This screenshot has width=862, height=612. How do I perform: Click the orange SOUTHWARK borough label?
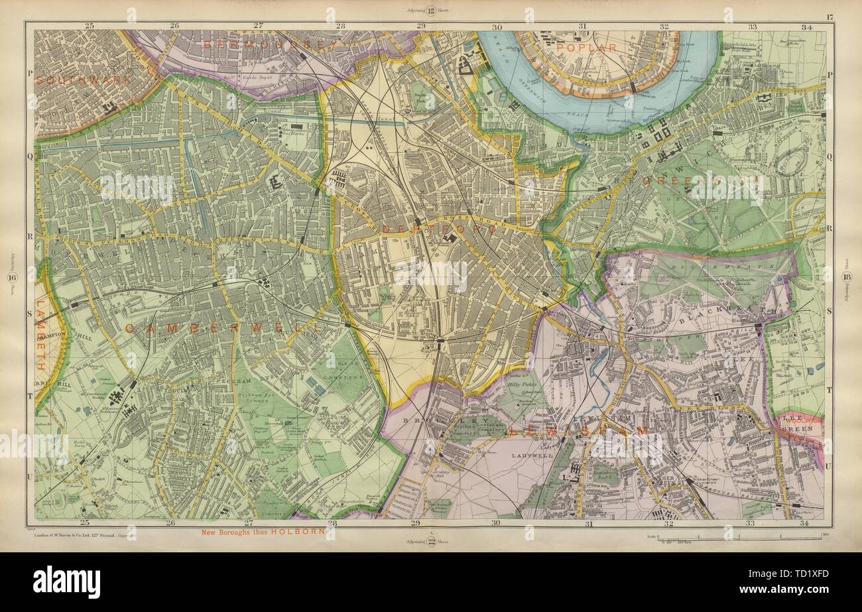coord(76,78)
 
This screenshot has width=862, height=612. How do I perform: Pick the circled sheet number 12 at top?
coord(430,11)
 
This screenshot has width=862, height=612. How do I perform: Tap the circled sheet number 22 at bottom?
coord(430,541)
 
